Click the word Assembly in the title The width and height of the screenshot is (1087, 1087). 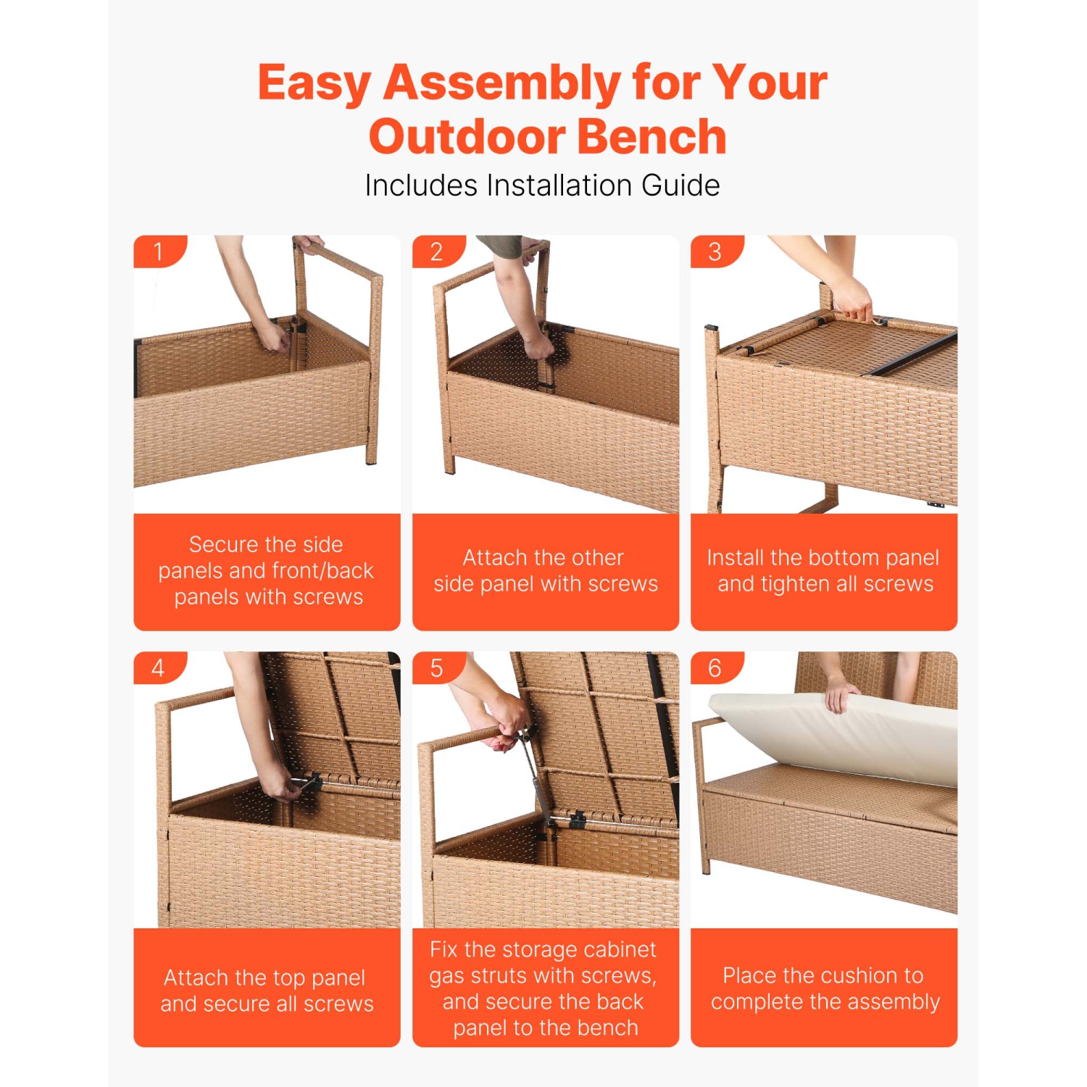click(501, 83)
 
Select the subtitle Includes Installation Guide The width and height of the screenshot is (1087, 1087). click(542, 186)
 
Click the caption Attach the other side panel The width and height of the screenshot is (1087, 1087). click(546, 570)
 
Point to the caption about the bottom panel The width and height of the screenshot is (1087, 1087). click(824, 570)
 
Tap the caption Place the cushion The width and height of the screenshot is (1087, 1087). click(824, 988)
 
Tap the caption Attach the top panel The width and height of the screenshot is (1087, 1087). click(267, 990)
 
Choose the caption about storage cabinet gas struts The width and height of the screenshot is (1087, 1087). click(543, 988)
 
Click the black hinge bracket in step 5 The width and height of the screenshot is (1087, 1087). click(578, 820)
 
